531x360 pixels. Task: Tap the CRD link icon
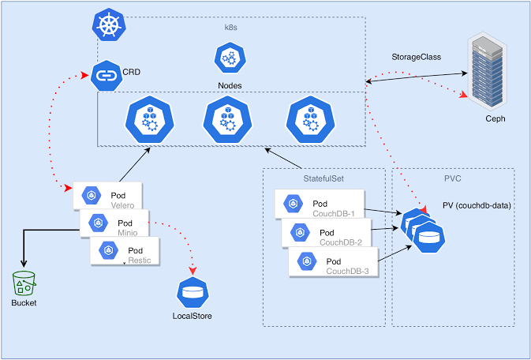(106, 76)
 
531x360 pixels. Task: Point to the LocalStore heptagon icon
(192, 293)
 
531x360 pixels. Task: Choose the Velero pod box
(107, 196)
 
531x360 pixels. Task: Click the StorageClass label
(417, 58)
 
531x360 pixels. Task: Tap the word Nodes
(230, 84)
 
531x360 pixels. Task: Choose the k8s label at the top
(230, 27)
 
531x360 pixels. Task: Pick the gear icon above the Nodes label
(230, 58)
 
